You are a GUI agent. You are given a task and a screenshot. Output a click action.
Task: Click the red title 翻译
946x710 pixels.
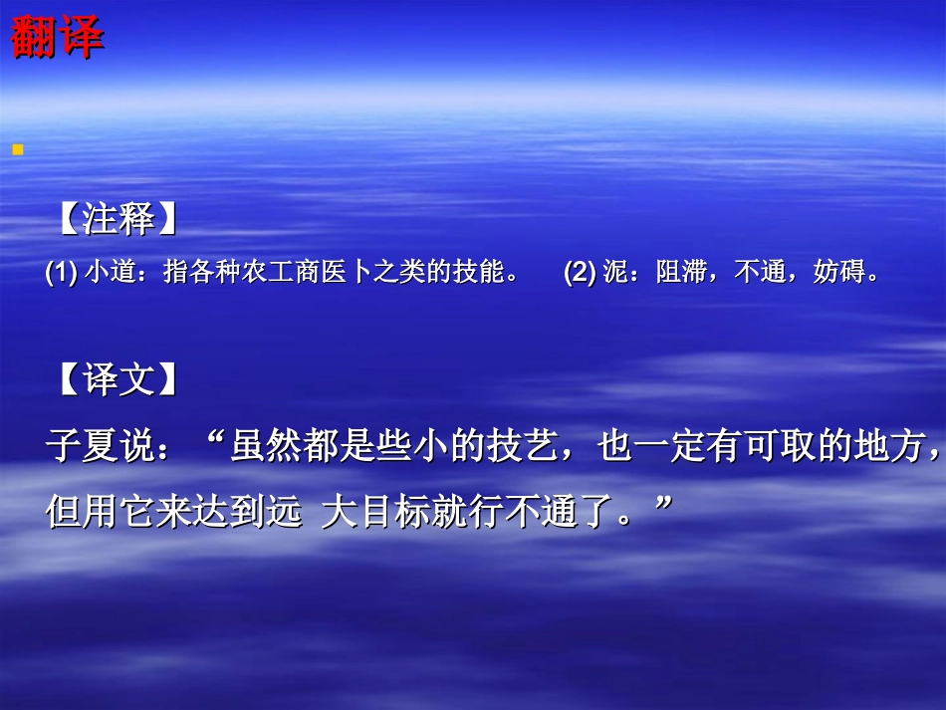57,39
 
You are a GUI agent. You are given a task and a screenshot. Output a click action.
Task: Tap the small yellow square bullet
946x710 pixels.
17,149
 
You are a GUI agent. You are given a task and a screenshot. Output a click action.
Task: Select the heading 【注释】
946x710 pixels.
118,220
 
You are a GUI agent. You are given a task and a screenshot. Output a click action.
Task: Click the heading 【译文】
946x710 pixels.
118,379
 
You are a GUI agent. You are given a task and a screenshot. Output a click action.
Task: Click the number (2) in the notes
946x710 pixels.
580,273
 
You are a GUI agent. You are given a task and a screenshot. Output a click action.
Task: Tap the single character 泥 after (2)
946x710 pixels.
613,273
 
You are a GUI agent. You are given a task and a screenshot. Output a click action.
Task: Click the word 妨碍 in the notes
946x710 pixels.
837,273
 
